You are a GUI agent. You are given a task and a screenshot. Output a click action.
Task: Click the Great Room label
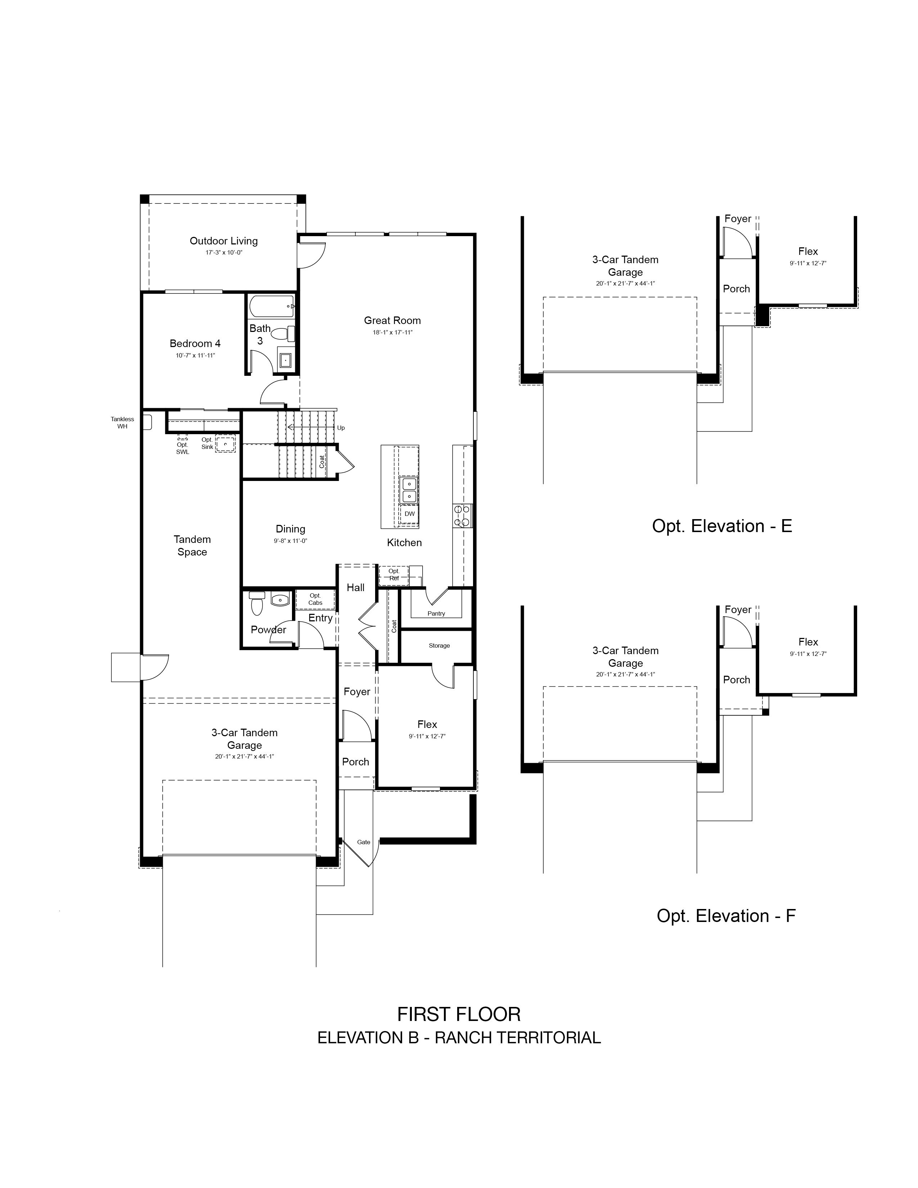(392, 320)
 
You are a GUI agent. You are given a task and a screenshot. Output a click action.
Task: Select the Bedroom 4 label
(195, 343)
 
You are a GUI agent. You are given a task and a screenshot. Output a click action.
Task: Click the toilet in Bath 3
(283, 333)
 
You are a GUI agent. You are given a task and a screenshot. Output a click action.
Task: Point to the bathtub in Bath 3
(271, 306)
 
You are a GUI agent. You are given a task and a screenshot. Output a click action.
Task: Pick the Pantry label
(436, 613)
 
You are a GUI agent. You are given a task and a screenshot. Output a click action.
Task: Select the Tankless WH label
(122, 423)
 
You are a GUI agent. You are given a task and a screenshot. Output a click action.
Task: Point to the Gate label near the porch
(364, 842)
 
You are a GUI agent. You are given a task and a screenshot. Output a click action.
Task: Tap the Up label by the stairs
(341, 428)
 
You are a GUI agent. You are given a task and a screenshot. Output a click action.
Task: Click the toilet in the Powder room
(257, 603)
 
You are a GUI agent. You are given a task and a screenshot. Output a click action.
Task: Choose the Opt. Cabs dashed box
(315, 599)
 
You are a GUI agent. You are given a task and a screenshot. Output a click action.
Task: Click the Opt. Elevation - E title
(722, 526)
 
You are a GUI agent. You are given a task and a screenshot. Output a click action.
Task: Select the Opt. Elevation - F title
(726, 915)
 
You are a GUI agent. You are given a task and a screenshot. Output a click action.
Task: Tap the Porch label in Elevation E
(736, 289)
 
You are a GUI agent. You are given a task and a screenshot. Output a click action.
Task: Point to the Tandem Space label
(192, 546)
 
